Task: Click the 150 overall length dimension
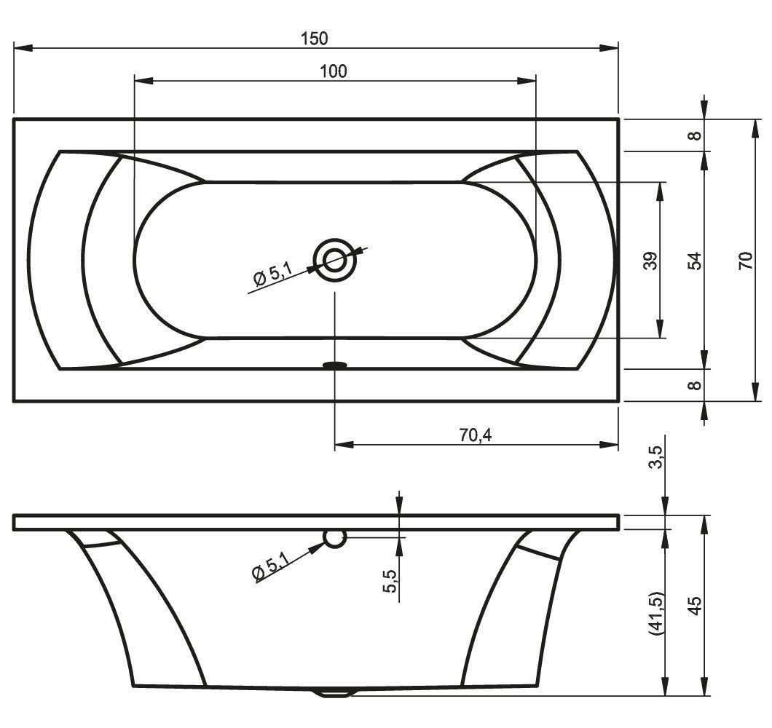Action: point(314,39)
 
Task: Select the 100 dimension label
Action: point(334,71)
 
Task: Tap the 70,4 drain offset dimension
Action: point(475,435)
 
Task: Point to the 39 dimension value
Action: point(650,261)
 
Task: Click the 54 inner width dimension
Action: point(694,261)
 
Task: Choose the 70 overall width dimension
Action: point(745,261)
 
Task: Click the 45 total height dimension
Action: point(694,606)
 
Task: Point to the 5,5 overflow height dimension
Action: point(389,581)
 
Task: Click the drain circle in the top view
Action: point(335,260)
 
